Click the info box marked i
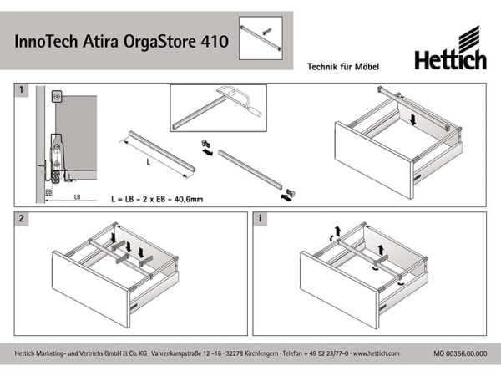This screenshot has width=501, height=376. [x=261, y=219]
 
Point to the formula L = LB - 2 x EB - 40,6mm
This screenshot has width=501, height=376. [x=159, y=200]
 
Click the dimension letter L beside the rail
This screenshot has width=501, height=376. [x=148, y=160]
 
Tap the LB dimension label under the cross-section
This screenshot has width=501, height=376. [x=77, y=196]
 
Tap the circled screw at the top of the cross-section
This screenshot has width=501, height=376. [x=56, y=98]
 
